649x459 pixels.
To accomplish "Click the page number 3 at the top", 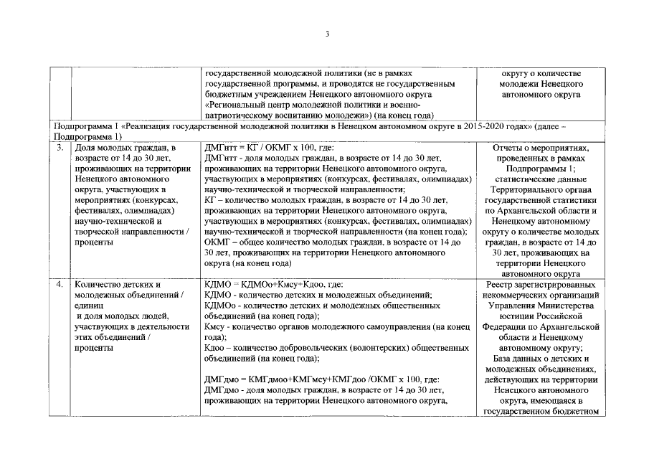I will [326, 34].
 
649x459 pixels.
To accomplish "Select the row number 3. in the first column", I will [62, 147].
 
